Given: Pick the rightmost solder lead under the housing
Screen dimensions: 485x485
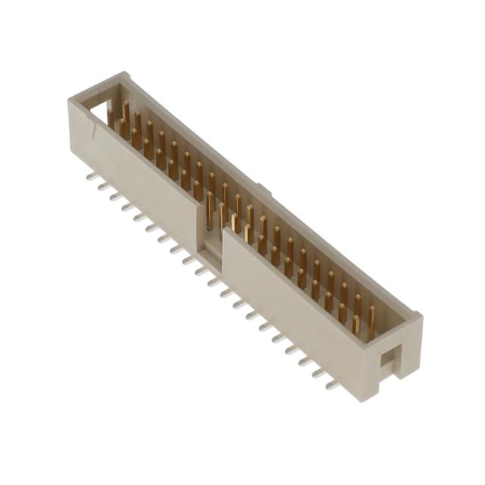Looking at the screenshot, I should coord(331,385).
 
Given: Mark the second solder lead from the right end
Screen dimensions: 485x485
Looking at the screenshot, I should coord(319,374).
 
